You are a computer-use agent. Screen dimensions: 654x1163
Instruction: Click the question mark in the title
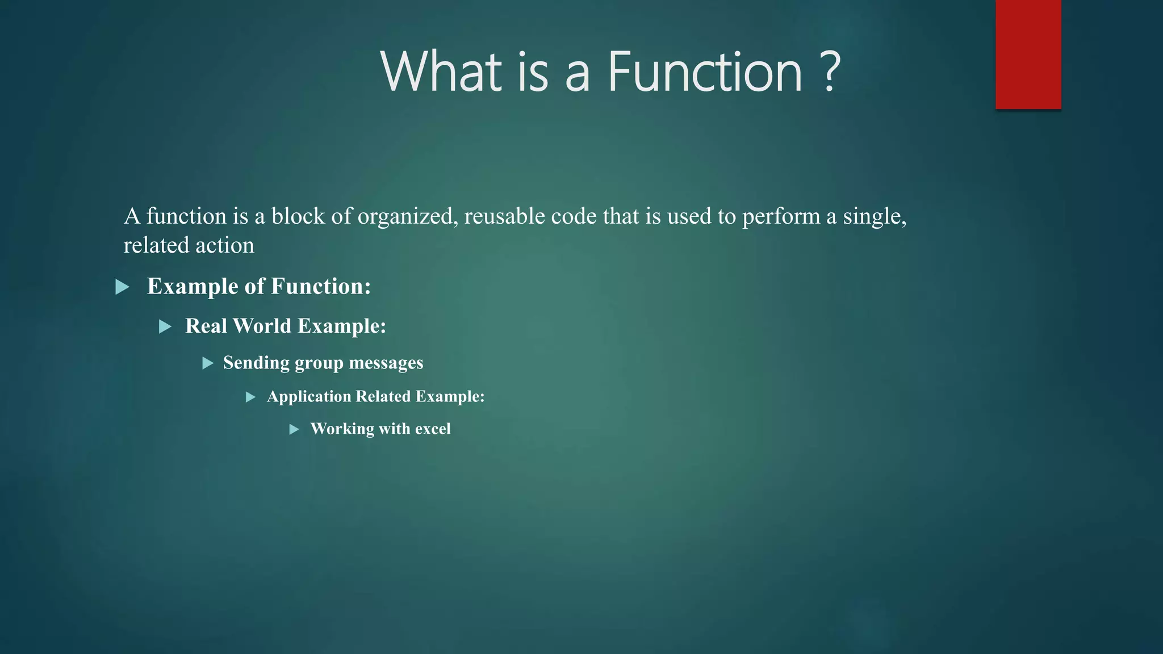click(x=830, y=73)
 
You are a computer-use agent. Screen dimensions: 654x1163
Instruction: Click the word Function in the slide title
click(x=705, y=73)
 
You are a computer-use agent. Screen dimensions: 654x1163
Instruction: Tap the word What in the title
click(x=442, y=73)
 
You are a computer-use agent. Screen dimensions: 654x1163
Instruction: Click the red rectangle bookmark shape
click(x=1028, y=54)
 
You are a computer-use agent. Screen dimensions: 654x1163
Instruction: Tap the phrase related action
click(x=189, y=246)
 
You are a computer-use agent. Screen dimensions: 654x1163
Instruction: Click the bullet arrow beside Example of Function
click(x=122, y=287)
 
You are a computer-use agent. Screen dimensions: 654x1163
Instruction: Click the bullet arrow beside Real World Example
click(x=165, y=326)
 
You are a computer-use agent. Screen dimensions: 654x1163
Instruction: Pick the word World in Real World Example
click(x=262, y=326)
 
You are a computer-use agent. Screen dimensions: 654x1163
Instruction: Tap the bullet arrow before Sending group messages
click(x=208, y=363)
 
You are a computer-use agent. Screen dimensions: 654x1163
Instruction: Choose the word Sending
click(x=256, y=363)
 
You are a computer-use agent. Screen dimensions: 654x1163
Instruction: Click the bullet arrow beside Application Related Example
click(x=250, y=397)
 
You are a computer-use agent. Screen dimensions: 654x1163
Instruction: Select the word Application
click(x=309, y=396)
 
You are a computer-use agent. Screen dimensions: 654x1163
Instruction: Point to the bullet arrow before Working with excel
click(x=294, y=430)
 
